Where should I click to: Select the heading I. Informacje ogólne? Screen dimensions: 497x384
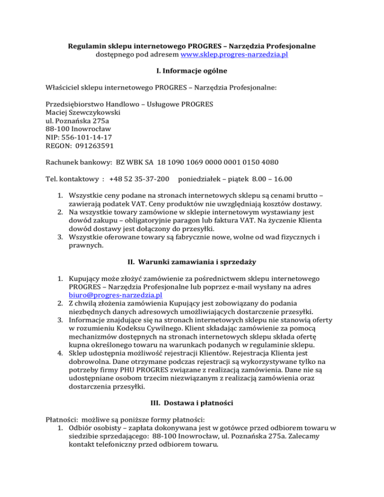pos(192,73)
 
